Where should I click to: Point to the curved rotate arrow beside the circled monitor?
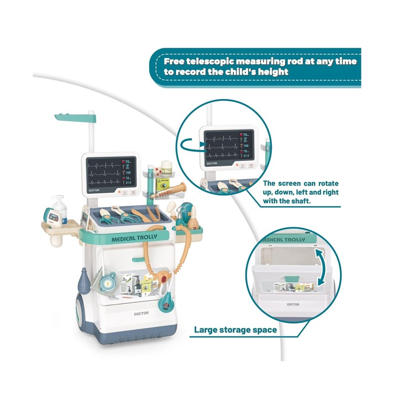[x=190, y=144]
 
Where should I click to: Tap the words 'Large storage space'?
[x=235, y=329]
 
